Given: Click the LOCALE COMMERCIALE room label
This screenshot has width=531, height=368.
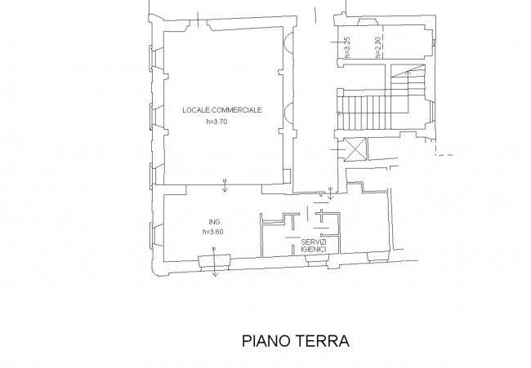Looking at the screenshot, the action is [222, 110].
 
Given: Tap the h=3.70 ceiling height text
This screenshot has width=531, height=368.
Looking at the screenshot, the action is [216, 122].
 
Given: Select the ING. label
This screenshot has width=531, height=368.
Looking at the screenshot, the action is [215, 222].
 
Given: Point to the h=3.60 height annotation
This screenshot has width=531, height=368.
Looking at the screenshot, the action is [212, 232].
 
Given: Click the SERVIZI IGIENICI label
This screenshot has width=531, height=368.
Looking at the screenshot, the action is [314, 246].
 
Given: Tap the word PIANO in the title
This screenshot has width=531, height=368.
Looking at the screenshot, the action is [267, 341].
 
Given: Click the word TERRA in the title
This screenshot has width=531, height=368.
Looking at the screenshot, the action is [324, 341].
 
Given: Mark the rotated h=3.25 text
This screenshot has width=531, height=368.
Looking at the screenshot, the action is [346, 47].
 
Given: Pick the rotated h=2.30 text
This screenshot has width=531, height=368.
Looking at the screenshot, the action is [378, 47].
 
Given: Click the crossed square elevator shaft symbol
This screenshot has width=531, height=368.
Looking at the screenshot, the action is [355, 149].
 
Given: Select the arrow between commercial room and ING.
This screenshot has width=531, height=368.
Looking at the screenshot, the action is [224, 185].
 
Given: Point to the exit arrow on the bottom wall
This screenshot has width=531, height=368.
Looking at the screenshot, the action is [214, 262].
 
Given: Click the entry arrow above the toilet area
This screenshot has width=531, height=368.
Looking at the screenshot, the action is [331, 193].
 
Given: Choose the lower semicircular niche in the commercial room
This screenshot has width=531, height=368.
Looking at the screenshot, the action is [288, 113].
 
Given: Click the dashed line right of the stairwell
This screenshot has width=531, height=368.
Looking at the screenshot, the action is [444, 155].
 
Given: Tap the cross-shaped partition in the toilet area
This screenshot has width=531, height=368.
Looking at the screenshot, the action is [320, 215].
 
